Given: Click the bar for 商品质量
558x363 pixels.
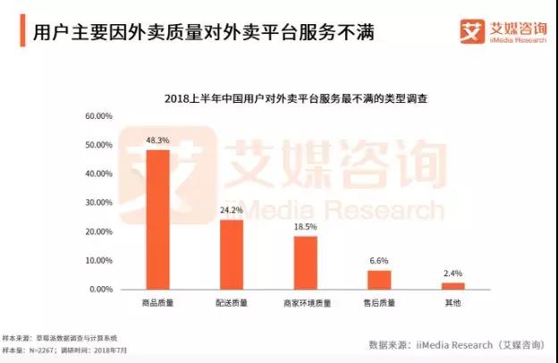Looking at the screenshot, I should tap(158, 219).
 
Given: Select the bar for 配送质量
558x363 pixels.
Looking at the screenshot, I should tap(232, 254).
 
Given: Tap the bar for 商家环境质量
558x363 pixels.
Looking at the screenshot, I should tap(305, 262).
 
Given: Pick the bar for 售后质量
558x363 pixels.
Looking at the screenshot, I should tap(379, 279).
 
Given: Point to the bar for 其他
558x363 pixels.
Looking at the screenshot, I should tap(452, 285).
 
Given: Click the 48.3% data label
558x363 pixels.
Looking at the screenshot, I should tap(158, 140).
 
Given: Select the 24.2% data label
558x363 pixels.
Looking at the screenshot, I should tap(232, 211).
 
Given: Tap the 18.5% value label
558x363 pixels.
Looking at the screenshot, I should tap(305, 227).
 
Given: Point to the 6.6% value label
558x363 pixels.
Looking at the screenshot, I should tap(379, 261).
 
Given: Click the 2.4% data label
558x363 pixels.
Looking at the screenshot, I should tap(452, 274).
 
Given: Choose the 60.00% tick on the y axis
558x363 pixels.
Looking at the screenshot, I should tap(97, 116).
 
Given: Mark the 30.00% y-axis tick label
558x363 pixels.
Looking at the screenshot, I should tap(97, 203).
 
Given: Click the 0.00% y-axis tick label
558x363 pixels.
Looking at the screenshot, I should tap(99, 290).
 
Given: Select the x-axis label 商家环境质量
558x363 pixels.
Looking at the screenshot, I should tap(305, 304).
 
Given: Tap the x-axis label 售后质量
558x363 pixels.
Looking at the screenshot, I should tap(379, 304).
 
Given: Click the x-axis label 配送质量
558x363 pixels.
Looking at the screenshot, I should tap(232, 304).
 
